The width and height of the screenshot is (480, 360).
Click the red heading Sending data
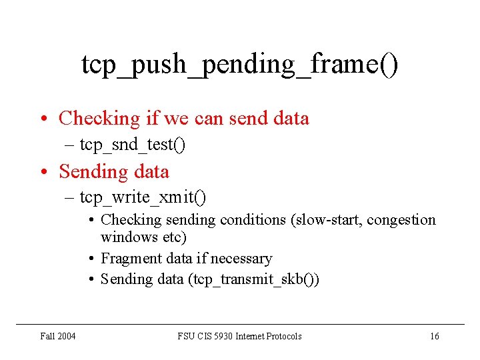pyautogui.click(x=114, y=171)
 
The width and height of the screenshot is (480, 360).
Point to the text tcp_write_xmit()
pyautogui.click(x=143, y=197)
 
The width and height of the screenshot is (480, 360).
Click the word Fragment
pyautogui.click(x=125, y=258)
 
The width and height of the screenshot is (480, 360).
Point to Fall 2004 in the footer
pyautogui.click(x=57, y=336)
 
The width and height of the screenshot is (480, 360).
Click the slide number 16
pyautogui.click(x=434, y=336)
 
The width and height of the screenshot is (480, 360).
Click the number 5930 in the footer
pyautogui.click(x=224, y=336)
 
